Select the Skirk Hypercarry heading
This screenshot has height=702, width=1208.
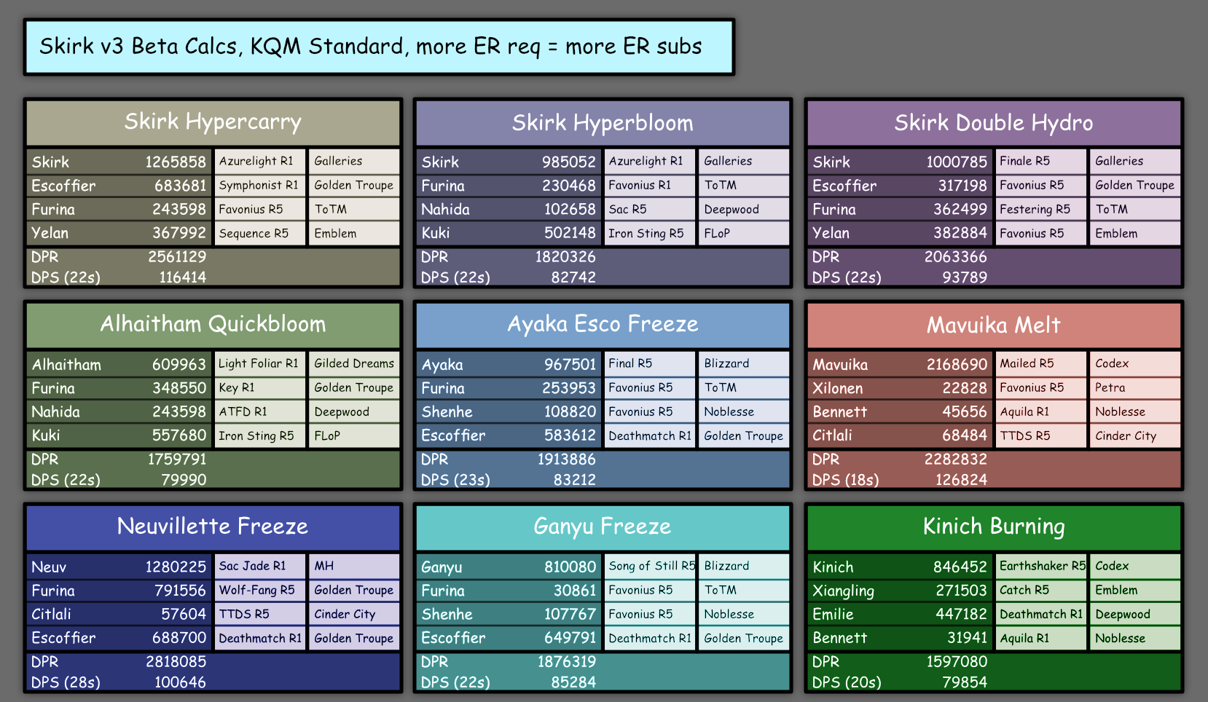coord(213,122)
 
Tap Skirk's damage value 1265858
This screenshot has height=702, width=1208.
coord(176,162)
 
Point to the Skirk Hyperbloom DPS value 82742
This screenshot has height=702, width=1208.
coord(573,277)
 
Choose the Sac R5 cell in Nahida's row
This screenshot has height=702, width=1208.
coord(650,209)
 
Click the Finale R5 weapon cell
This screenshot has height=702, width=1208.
coord(1041,161)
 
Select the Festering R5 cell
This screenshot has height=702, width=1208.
coord(1041,209)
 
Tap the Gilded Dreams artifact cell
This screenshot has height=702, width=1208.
coord(354,364)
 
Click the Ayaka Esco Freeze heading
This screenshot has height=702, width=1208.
coord(603,324)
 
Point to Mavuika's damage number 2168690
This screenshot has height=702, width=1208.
coord(957,365)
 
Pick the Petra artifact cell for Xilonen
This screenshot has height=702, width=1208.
coord(1135,387)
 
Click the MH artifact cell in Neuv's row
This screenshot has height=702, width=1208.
coord(354,566)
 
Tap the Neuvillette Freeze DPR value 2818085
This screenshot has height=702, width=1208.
coord(176,661)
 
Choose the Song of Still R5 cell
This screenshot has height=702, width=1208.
coord(650,566)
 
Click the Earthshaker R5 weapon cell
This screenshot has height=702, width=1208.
coord(1041,566)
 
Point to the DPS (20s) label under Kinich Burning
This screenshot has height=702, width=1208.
coord(847,682)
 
